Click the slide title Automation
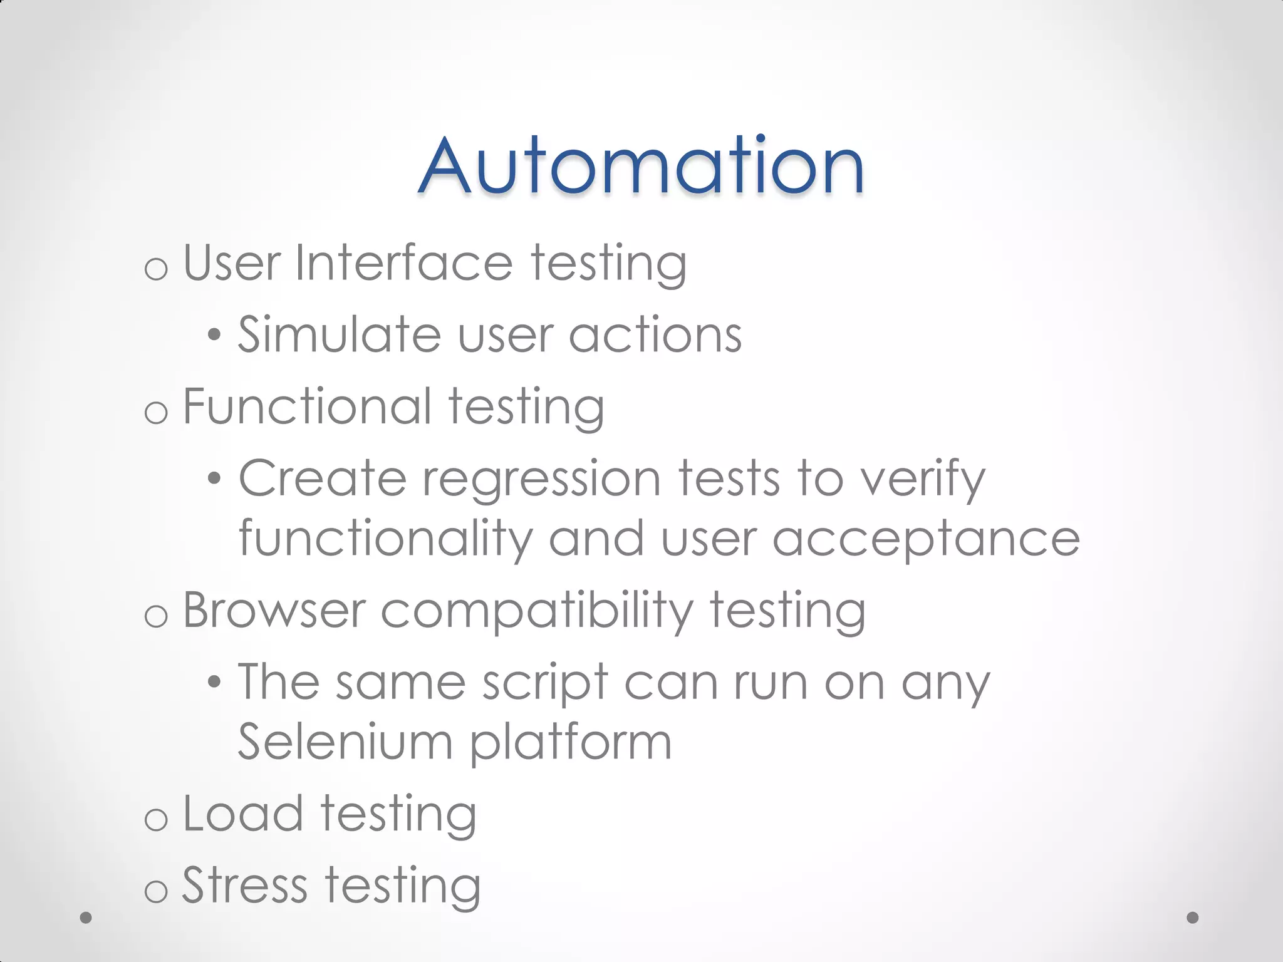(641, 166)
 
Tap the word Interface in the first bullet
(404, 263)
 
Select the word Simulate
(339, 334)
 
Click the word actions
(655, 334)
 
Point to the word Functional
(307, 406)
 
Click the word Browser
(274, 611)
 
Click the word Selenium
(345, 743)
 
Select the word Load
(243, 814)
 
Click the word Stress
(244, 886)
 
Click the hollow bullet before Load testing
(156, 819)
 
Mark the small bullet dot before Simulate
(214, 336)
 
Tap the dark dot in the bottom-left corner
(86, 918)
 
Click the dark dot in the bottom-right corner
(1193, 918)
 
